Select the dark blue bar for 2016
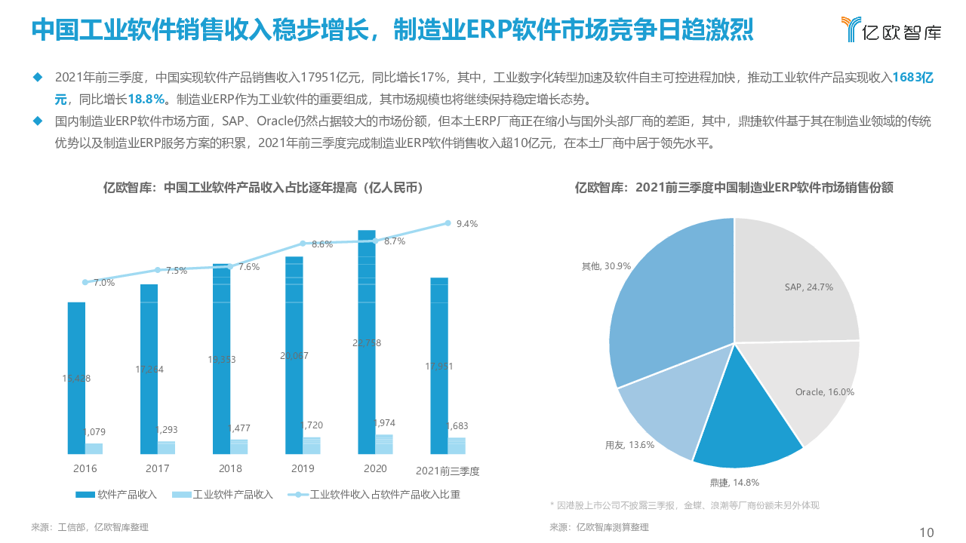click(76, 377)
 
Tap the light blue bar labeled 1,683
click(457, 446)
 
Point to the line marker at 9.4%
click(448, 223)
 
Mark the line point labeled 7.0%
click(85, 282)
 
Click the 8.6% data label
click(322, 244)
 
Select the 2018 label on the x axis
click(230, 469)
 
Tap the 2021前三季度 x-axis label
click(448, 471)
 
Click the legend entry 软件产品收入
click(116, 495)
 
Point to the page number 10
click(927, 532)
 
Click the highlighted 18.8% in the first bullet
click(146, 99)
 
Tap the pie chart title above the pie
click(734, 188)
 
